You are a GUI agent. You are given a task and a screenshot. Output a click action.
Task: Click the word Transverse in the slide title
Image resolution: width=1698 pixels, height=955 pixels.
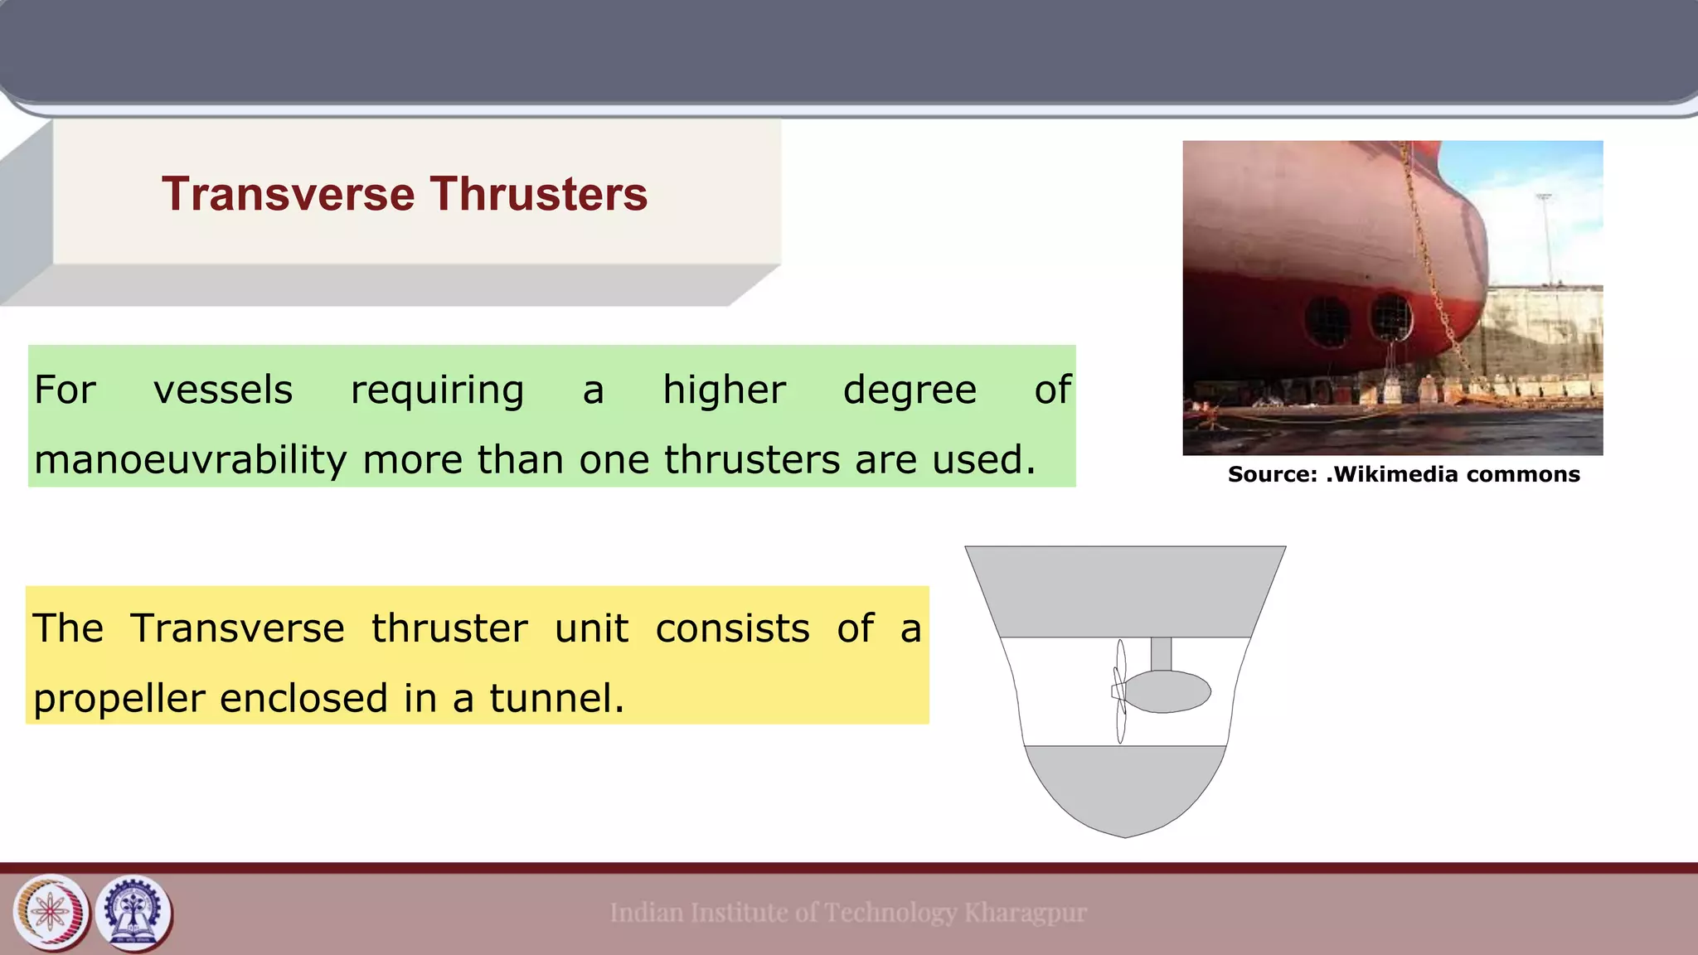pyautogui.click(x=288, y=194)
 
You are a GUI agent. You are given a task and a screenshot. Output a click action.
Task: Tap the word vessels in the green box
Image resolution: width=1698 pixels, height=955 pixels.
pyautogui.click(x=223, y=390)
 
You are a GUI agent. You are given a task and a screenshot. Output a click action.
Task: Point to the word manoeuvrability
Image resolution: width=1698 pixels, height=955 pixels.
pyautogui.click(x=190, y=460)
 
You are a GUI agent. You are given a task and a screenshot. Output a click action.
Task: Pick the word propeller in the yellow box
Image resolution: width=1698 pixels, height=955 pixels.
pyautogui.click(x=119, y=699)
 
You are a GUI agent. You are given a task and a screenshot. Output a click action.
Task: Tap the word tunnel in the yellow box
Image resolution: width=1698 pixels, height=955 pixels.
pyautogui.click(x=555, y=698)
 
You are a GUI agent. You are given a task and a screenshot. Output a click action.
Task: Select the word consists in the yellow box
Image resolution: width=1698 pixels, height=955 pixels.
pyautogui.click(x=732, y=628)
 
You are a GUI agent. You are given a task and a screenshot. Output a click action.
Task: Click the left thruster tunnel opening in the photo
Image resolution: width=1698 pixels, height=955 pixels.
pyautogui.click(x=1327, y=321)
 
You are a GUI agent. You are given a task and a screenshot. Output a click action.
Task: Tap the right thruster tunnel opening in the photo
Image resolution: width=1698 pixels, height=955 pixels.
pyautogui.click(x=1390, y=316)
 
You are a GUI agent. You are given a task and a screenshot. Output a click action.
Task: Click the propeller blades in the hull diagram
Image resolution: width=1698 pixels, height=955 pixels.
pyautogui.click(x=1120, y=691)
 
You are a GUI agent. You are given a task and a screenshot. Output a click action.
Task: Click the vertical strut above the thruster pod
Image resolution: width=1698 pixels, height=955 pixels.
pyautogui.click(x=1161, y=653)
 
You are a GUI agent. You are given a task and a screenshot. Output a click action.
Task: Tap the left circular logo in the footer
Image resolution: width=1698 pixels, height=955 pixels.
pyautogui.click(x=51, y=913)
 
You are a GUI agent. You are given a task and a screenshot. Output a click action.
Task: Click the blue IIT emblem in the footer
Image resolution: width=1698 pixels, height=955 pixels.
pyautogui.click(x=133, y=913)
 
